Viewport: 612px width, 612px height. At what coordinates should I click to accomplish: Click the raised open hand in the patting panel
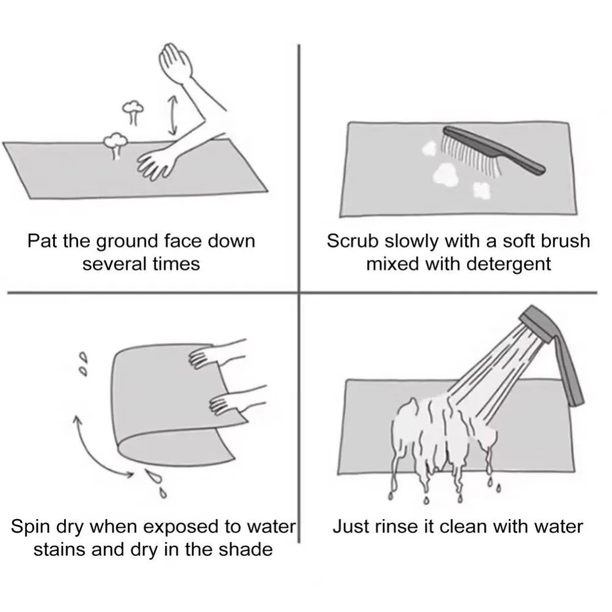point(175,62)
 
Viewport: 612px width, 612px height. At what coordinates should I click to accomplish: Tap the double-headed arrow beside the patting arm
point(172,115)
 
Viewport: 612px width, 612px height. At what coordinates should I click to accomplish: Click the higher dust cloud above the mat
point(133,110)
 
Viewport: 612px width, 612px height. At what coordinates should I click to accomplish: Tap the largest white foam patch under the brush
point(446,174)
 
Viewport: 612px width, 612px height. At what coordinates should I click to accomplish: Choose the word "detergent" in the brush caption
point(509,264)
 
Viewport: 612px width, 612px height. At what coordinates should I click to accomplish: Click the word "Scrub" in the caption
point(353,241)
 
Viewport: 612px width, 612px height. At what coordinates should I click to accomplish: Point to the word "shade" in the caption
point(245,550)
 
